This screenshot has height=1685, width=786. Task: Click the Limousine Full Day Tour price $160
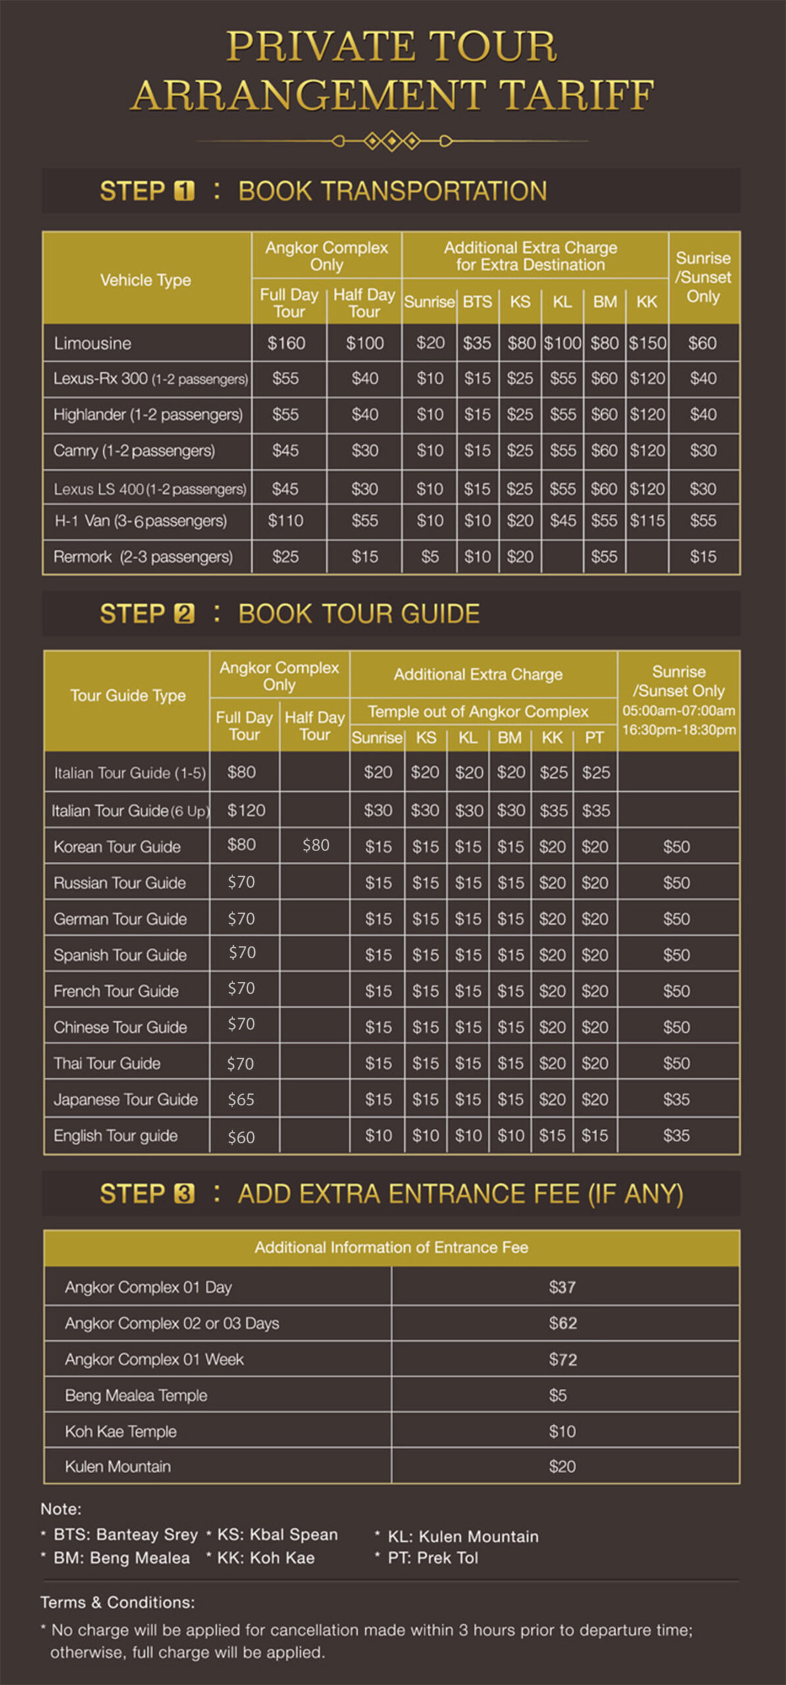click(286, 343)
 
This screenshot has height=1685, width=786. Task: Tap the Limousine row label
click(93, 343)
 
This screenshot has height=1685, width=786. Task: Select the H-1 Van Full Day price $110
click(286, 521)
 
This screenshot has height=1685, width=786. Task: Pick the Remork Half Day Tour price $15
click(365, 557)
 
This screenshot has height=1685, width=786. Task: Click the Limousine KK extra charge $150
click(647, 343)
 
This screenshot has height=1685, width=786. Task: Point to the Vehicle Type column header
click(145, 280)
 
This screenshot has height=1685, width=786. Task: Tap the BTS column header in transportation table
click(477, 301)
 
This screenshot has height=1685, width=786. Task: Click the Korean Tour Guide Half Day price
click(315, 845)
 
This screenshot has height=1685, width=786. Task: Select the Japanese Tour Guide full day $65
click(241, 1099)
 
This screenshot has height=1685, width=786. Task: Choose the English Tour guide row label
click(116, 1135)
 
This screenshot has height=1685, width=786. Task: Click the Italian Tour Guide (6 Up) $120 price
click(246, 810)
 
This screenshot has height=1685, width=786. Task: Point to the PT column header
click(594, 737)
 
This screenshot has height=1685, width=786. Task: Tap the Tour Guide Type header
click(128, 695)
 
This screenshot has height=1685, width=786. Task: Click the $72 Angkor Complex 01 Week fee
click(563, 1359)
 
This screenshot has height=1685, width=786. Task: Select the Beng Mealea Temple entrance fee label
click(136, 1395)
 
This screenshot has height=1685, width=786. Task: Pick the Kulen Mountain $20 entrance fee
click(562, 1466)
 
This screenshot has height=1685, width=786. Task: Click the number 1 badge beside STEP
click(184, 191)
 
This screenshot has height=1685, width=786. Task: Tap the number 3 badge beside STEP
click(184, 1194)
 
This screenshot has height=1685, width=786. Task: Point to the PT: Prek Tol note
click(432, 1558)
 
